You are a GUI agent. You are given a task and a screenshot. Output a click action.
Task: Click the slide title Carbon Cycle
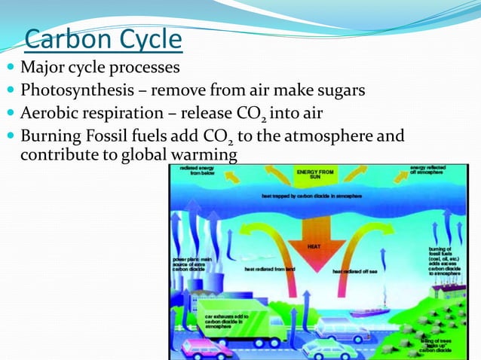click(103, 38)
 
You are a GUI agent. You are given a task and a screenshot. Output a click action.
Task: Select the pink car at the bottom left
click(208, 348)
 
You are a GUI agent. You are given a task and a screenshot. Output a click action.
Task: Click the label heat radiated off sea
click(354, 271)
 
